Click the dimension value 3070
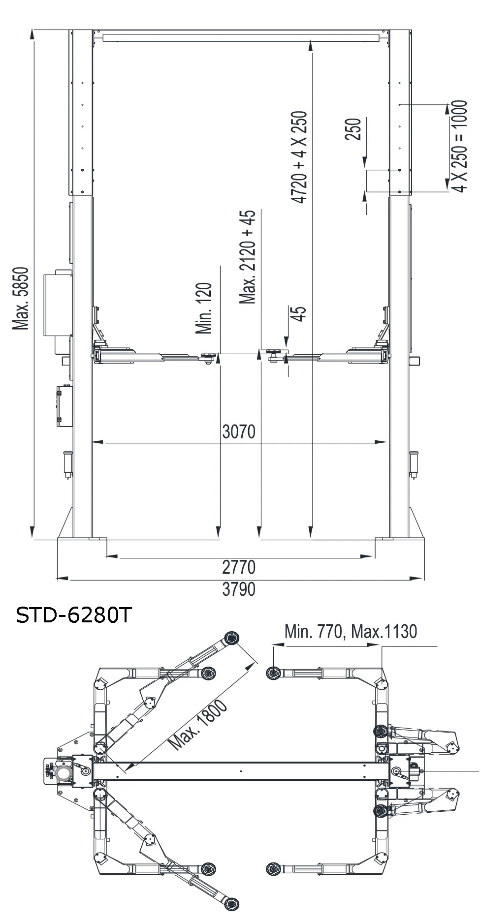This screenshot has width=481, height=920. click(x=239, y=431)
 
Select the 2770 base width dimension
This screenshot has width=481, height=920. click(x=239, y=567)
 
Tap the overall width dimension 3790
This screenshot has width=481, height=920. click(x=239, y=589)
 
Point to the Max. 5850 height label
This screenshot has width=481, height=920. click(x=21, y=299)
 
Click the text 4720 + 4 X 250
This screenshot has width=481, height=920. click(x=299, y=157)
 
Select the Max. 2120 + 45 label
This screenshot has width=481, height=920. click(x=248, y=257)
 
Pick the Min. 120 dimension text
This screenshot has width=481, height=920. click(x=204, y=308)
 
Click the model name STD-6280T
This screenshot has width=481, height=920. click(x=74, y=615)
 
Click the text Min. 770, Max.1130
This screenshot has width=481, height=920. click(x=351, y=631)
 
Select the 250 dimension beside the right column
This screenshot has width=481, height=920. click(x=353, y=129)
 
